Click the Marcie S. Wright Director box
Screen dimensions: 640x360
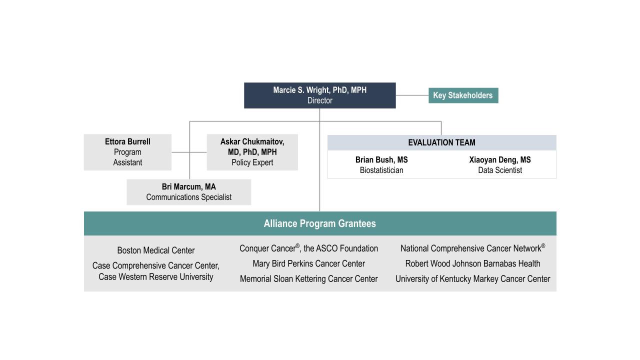click(x=319, y=95)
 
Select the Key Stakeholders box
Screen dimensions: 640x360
click(x=463, y=95)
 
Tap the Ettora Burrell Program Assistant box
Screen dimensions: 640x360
click(x=127, y=152)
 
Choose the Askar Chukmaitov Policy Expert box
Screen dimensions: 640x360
click(x=252, y=152)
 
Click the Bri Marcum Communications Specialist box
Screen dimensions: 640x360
click(x=189, y=192)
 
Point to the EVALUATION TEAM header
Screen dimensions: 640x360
click(x=441, y=142)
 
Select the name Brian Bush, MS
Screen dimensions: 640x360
click(x=381, y=159)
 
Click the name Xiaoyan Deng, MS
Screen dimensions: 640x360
click(x=500, y=159)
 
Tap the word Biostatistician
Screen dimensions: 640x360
click(x=381, y=170)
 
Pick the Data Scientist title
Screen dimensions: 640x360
click(x=500, y=170)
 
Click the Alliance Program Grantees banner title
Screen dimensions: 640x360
click(x=319, y=223)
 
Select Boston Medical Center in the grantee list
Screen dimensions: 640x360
click(x=155, y=250)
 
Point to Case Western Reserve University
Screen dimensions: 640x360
click(x=155, y=277)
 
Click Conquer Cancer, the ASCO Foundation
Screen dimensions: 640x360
click(x=308, y=248)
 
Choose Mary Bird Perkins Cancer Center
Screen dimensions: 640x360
click(x=308, y=263)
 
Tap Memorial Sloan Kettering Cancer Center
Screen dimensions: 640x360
click(x=308, y=278)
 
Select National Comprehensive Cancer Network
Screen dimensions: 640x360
click(x=472, y=248)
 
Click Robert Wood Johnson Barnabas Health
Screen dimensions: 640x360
click(x=472, y=263)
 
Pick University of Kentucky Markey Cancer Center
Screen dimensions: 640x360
click(x=472, y=278)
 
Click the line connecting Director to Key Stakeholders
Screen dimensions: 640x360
click(x=412, y=95)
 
